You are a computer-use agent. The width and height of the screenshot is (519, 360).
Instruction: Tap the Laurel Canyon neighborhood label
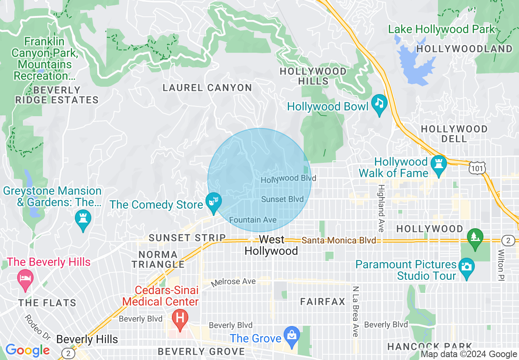207,88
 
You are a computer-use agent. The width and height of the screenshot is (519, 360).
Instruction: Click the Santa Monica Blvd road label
339,241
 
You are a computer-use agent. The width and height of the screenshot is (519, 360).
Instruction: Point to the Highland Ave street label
381,208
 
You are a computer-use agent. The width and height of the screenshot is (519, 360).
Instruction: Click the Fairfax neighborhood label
323,302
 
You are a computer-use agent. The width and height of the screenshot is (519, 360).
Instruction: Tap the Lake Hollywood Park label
441,29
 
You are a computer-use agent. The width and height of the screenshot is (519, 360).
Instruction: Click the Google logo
27,350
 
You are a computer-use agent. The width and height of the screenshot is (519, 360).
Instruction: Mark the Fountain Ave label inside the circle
253,220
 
